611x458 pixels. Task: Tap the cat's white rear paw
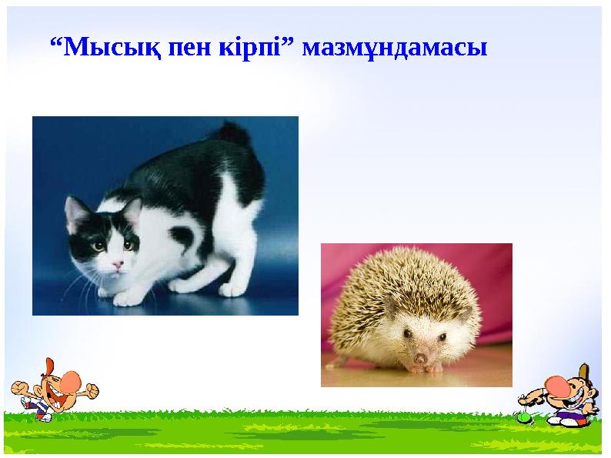(230, 289)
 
